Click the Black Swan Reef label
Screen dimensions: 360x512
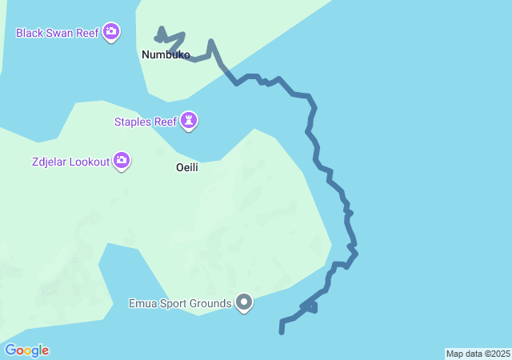[x=58, y=33]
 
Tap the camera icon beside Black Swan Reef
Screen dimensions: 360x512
[x=111, y=32]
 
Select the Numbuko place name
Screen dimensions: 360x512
[x=166, y=55]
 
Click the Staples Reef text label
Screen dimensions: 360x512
[x=145, y=122]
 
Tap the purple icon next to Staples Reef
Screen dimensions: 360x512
[x=189, y=121]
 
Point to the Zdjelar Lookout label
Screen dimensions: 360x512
[x=60, y=162]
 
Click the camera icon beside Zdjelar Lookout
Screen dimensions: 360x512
[x=122, y=161]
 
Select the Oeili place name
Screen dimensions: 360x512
[x=186, y=168]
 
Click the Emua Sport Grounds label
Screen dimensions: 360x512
[x=181, y=303]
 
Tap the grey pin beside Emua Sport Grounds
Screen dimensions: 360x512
[x=245, y=303]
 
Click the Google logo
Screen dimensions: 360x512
[x=26, y=350]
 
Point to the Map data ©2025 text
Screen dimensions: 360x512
[x=478, y=354]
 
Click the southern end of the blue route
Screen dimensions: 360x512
[x=282, y=330]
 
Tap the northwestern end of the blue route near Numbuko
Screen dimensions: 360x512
[x=157, y=38]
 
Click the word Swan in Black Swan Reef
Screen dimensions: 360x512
[x=64, y=33]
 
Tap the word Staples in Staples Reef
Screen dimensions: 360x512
[x=133, y=122]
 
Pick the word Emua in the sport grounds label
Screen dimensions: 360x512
[x=143, y=303]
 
